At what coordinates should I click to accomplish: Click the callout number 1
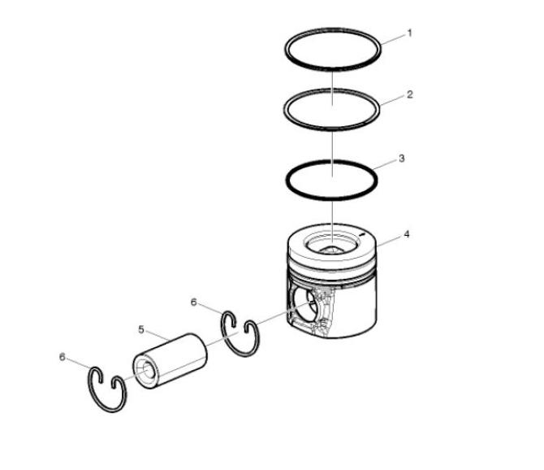(409, 33)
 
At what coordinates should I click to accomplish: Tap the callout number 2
(410, 94)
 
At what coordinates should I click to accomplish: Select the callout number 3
(401, 159)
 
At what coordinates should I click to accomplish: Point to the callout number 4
(406, 234)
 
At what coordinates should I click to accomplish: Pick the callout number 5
(141, 329)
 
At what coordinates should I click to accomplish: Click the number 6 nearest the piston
(193, 302)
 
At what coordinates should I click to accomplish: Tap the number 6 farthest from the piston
(62, 357)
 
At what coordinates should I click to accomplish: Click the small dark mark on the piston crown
(363, 234)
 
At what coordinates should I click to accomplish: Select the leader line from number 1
(393, 39)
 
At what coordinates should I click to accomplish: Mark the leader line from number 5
(158, 336)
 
